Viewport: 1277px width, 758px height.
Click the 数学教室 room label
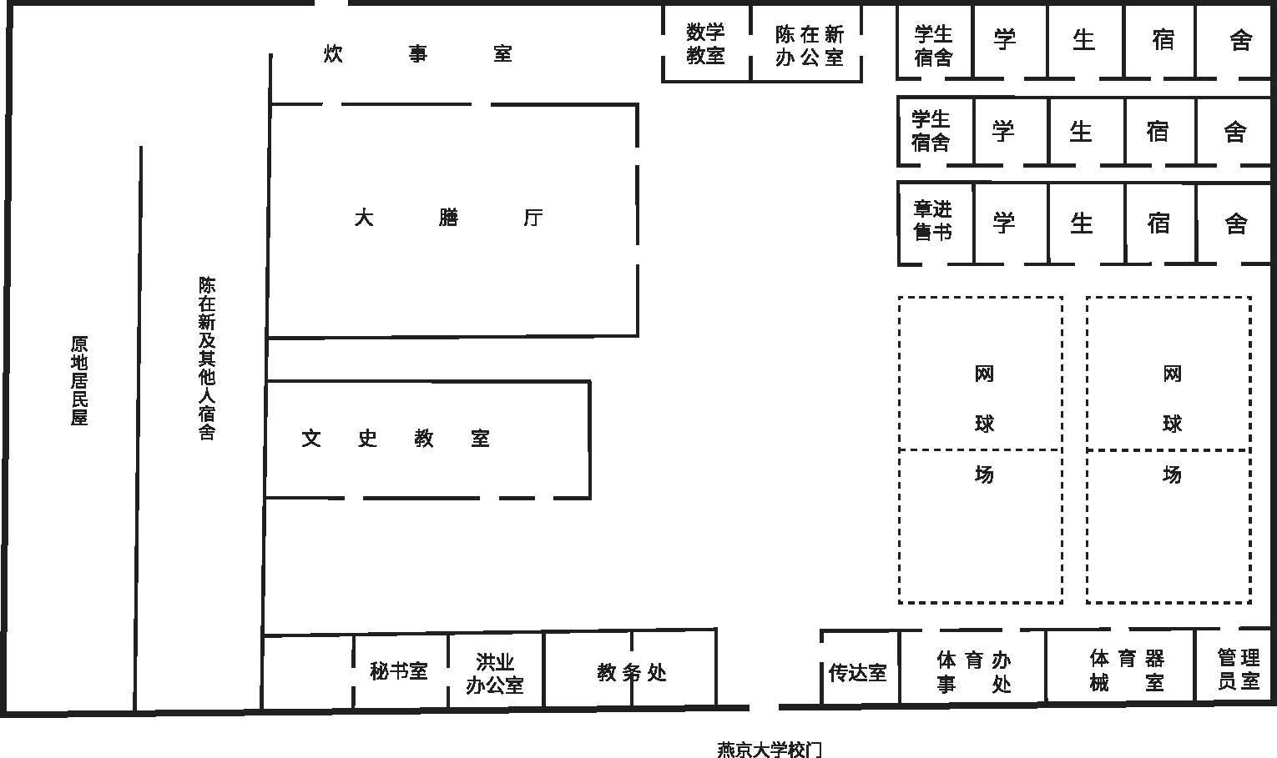tap(705, 43)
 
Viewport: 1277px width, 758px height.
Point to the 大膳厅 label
tap(448, 217)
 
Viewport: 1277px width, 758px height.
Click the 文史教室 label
tap(395, 438)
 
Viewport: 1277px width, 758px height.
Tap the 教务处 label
tap(632, 673)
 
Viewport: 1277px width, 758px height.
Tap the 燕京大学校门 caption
tap(769, 749)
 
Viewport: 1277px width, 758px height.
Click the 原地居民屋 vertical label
tap(79, 380)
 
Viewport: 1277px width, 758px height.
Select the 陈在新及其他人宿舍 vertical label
tap(207, 359)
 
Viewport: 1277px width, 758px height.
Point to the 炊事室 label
tap(418, 54)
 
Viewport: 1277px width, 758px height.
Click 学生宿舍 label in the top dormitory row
tap(933, 46)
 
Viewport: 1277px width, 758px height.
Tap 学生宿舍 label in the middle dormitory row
tap(931, 131)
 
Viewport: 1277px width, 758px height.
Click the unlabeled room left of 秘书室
tap(309, 672)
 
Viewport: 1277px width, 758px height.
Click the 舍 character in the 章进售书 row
tap(1236, 223)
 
